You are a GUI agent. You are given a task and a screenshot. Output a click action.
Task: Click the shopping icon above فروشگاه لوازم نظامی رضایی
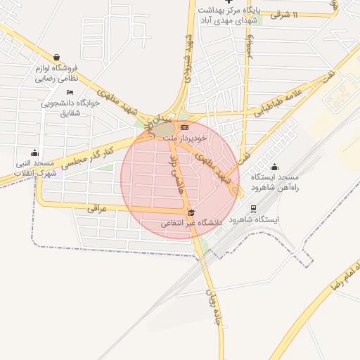(56, 57)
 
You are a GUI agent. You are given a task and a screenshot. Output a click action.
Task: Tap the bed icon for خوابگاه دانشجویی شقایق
(69, 93)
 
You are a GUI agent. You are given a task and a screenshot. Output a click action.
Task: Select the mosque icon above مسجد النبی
(35, 153)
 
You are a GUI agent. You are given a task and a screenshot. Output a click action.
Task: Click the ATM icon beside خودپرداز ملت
(184, 127)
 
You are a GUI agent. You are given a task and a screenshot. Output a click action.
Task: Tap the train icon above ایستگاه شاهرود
(253, 209)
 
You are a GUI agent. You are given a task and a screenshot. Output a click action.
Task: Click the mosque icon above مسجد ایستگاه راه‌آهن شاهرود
(274, 167)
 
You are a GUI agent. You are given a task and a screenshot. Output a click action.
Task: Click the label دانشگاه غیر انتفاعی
(191, 223)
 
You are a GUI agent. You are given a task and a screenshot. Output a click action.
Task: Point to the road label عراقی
(96, 209)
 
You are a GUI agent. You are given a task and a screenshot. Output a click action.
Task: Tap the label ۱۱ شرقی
(304, 14)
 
